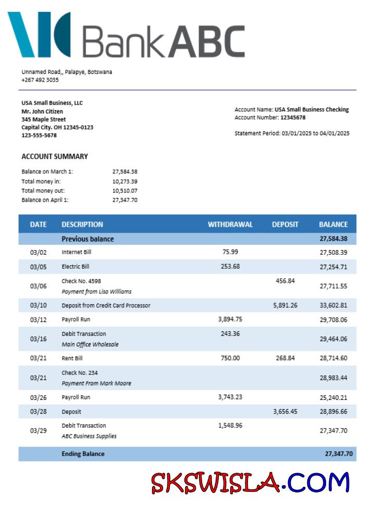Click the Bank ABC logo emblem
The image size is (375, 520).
pos(39,34)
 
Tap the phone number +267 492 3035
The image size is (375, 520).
pos(40,80)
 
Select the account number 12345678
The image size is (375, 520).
pos(293,118)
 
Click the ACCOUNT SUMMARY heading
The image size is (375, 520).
pos(55,157)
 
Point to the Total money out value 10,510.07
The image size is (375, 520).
pos(124,190)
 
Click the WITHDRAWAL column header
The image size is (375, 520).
pos(230,225)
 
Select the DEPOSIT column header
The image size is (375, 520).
pos(285,225)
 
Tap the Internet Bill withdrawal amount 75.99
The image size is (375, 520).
pos(230,252)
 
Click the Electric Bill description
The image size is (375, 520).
pos(76,266)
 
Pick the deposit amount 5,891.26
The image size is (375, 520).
pos(285,305)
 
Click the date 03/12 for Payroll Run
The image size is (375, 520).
pos(38,320)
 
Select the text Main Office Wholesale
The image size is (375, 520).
pos(90,344)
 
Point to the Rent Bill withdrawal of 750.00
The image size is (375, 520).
pos(230,358)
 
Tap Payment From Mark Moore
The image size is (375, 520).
pos(96,383)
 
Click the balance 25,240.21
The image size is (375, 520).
pos(333,398)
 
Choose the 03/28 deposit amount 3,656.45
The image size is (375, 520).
pos(285,411)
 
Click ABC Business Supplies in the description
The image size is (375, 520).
pos(89,436)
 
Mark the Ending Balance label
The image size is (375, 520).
pos(83,454)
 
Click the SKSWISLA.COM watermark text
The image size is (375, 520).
pos(251,482)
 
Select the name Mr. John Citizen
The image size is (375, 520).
pos(42,111)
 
